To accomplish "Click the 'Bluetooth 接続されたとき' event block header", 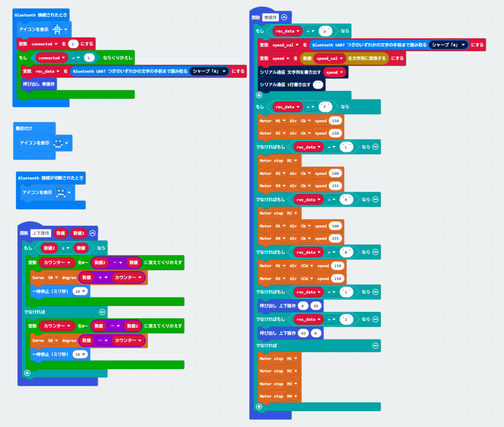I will point(41,15).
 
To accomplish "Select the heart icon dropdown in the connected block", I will point(61,29).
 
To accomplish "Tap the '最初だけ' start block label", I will point(23,127).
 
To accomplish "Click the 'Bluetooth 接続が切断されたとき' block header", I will point(51,177).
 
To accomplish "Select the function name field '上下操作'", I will point(41,233).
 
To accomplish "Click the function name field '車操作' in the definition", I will point(270,17).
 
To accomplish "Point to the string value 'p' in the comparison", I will point(324,31).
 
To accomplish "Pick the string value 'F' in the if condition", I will point(325,107).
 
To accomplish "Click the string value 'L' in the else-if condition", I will point(347,147).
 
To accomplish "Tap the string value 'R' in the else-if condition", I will point(347,200).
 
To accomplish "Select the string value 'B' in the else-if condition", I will point(347,252).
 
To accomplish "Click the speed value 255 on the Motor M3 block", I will point(335,186).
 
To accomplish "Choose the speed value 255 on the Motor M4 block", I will point(335,238).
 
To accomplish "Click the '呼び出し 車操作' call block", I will point(39,83).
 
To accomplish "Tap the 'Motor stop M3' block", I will point(279,384).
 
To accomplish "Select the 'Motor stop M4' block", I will point(279,396).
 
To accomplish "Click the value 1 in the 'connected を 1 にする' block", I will point(73,44).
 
